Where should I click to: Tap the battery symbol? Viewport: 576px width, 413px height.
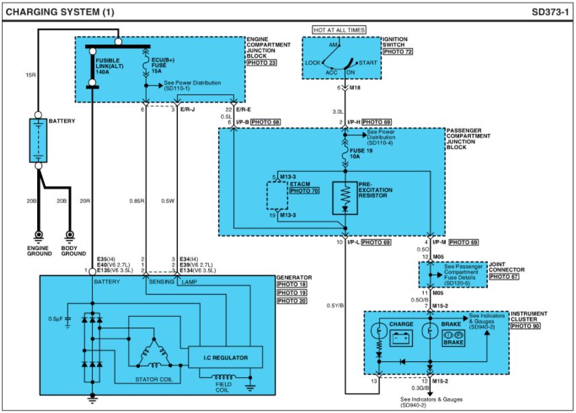38,140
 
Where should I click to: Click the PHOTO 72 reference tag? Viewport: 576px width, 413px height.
397,52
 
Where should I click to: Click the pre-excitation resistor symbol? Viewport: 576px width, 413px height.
345,197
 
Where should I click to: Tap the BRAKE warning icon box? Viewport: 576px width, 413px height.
453,338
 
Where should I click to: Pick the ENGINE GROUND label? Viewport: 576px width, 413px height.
38,251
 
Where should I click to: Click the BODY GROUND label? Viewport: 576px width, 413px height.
73,251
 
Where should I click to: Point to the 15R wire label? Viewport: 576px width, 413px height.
30,75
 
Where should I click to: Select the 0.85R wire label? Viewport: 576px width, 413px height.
136,200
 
